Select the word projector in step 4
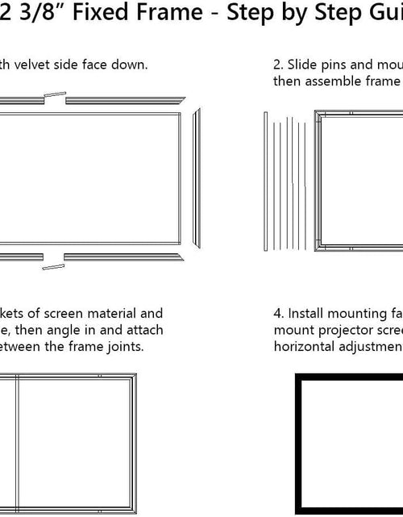[x=339, y=330]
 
